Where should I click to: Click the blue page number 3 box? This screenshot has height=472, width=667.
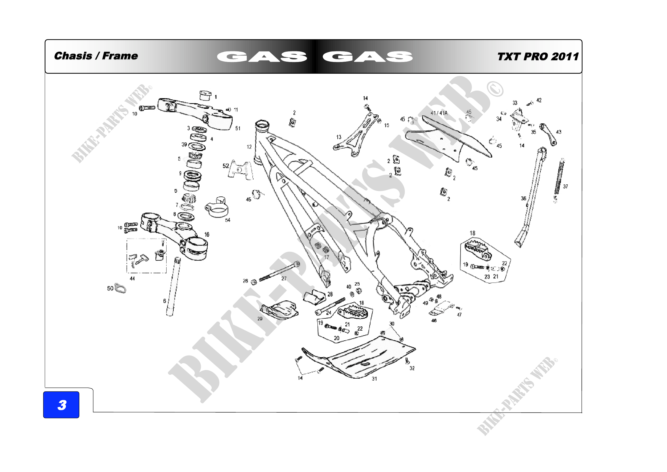click(x=61, y=405)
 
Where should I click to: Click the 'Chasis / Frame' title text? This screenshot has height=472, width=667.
click(x=96, y=56)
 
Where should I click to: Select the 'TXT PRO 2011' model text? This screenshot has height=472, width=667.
click(x=538, y=57)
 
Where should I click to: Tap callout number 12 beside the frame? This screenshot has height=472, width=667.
click(x=249, y=147)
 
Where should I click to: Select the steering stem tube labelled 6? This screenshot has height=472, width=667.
click(x=173, y=286)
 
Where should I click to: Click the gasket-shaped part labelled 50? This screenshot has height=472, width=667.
click(x=120, y=288)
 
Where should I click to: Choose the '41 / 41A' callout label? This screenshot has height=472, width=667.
click(x=439, y=113)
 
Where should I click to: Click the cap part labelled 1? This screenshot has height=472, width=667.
click(x=205, y=95)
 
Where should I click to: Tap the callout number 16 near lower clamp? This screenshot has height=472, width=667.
click(x=206, y=234)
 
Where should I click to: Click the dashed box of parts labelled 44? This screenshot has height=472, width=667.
click(x=146, y=256)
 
